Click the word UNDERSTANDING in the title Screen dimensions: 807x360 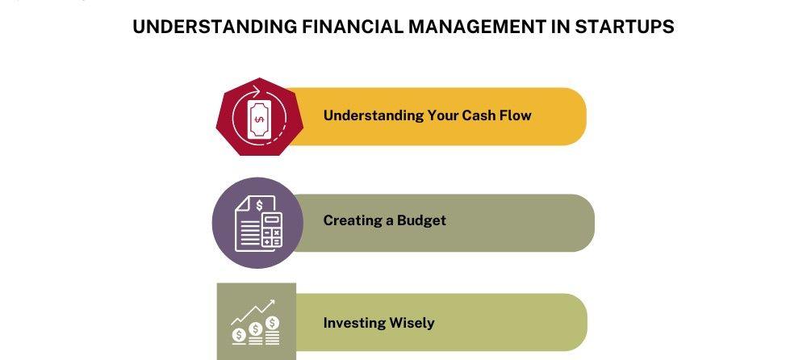(x=215, y=27)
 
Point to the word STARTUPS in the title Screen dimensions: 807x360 (x=625, y=27)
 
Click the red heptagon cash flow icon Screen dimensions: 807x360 (x=259, y=117)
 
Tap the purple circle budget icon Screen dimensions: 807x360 (x=257, y=223)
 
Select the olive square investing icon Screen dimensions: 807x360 (x=257, y=321)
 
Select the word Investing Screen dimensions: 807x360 (x=354, y=324)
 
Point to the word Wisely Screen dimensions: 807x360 (x=412, y=324)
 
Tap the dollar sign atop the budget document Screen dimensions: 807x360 (x=259, y=205)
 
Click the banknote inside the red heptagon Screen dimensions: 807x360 (x=259, y=119)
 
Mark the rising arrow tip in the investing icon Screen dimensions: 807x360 (x=273, y=302)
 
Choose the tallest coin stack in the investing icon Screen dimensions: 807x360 (x=273, y=332)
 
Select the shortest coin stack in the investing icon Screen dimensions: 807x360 (x=238, y=337)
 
